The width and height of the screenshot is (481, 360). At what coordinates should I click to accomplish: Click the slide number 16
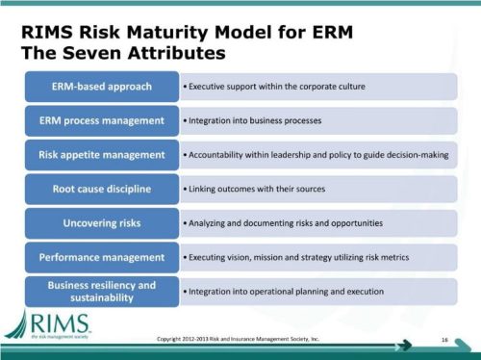[445, 339]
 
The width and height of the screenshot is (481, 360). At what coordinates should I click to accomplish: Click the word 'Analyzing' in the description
[208, 222]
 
